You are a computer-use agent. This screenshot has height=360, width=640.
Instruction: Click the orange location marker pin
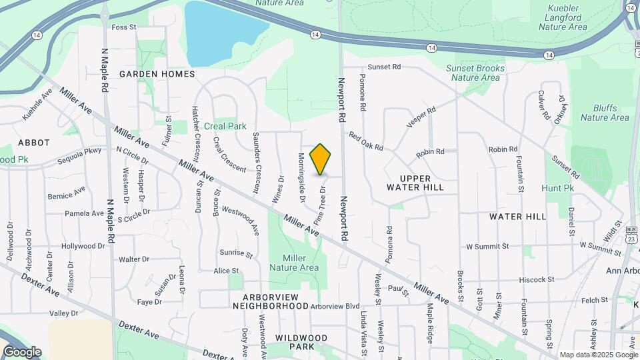coord(321,159)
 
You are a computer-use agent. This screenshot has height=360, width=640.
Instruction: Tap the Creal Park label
coord(225,126)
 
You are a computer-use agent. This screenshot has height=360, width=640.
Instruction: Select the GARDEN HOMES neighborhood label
coord(157,74)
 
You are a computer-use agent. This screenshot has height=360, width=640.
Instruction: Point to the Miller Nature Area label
coord(294,263)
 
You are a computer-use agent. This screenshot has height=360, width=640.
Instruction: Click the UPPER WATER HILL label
coord(415,183)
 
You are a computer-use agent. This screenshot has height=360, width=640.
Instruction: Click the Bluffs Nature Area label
coord(604,113)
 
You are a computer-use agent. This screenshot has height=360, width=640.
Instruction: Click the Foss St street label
coord(123,27)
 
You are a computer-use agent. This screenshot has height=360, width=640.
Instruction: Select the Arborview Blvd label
coord(335,307)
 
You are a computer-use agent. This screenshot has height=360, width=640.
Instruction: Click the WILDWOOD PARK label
coord(301,342)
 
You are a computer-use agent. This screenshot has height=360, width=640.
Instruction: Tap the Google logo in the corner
coord(22,351)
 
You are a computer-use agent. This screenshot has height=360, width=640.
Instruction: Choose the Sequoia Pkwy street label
coord(79,155)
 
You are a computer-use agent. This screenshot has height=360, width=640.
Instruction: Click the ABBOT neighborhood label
coord(34,143)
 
